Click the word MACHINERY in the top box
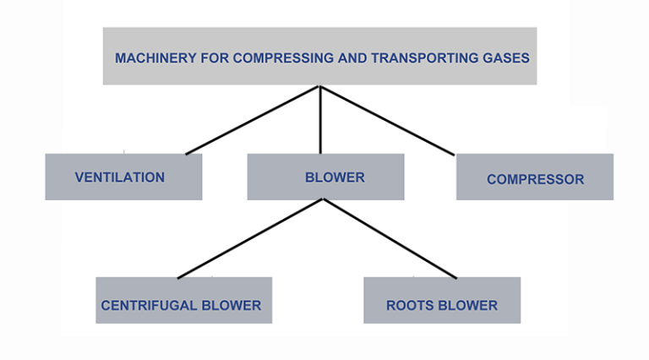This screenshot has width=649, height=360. (147, 58)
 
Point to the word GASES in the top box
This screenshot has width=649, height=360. (505, 58)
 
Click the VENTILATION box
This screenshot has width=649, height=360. (123, 177)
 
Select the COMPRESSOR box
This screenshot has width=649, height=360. (534, 177)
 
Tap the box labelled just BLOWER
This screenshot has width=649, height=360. (325, 177)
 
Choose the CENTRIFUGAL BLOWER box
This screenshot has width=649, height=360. (183, 300)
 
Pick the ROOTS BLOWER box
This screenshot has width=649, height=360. (442, 300)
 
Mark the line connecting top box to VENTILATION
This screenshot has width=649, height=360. (254, 120)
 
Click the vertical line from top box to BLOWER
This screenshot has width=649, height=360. (319, 120)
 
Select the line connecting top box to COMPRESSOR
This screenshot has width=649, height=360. (386, 120)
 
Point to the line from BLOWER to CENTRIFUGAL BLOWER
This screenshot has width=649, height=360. (250, 239)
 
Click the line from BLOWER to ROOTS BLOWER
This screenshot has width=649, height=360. (389, 239)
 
